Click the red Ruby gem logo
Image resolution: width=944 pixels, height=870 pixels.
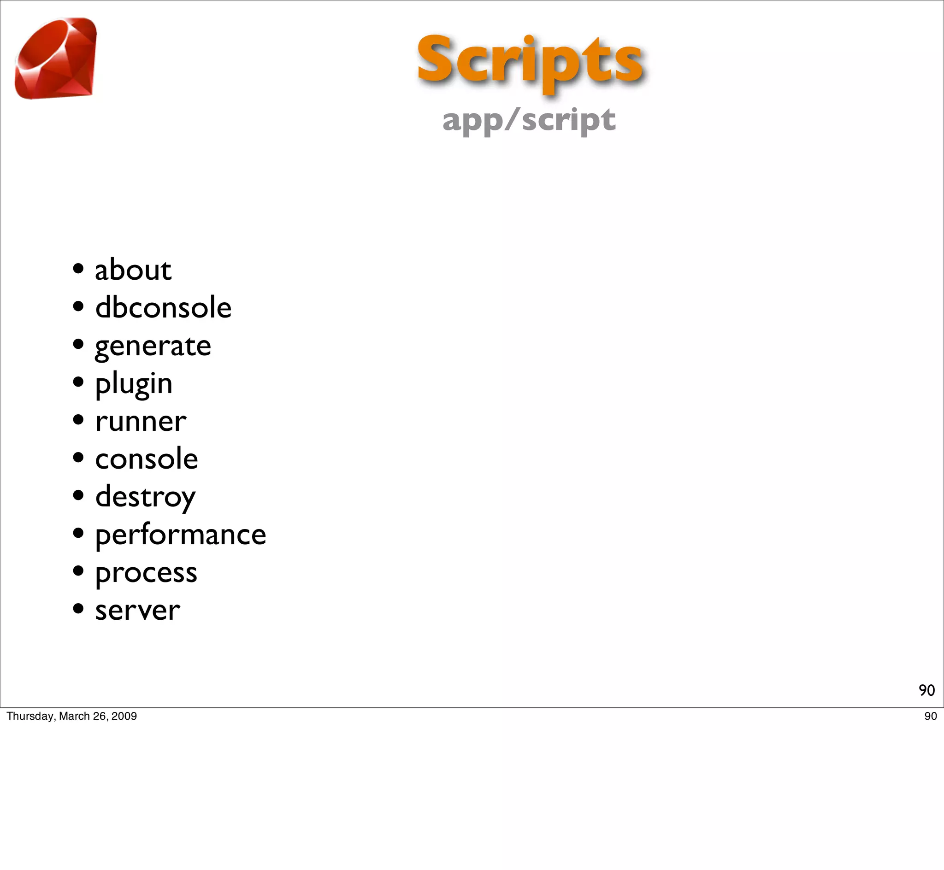point(56,59)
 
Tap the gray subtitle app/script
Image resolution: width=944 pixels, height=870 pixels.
point(528,120)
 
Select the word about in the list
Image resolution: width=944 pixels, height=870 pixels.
point(133,270)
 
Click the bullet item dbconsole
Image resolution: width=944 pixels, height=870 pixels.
point(163,308)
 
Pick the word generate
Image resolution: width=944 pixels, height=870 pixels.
point(153,347)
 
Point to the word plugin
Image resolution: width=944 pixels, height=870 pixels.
point(134,384)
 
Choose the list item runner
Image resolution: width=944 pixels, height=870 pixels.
point(140,421)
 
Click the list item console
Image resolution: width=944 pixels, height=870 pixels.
point(147,459)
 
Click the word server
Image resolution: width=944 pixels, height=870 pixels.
point(137,611)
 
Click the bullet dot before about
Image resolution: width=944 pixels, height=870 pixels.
point(78,269)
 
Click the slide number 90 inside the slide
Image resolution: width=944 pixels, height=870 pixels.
point(926,690)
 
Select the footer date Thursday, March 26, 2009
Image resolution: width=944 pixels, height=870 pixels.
point(71,716)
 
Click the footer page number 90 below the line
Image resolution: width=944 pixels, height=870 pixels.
point(930,716)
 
